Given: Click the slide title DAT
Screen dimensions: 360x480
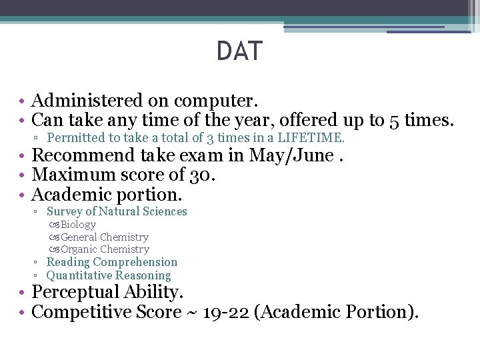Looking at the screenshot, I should [x=239, y=51].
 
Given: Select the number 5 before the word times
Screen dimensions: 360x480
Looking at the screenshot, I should [x=395, y=120].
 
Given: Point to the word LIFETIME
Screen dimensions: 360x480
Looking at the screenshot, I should [x=311, y=138].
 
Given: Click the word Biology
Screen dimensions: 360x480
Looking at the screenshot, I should [x=78, y=225].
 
